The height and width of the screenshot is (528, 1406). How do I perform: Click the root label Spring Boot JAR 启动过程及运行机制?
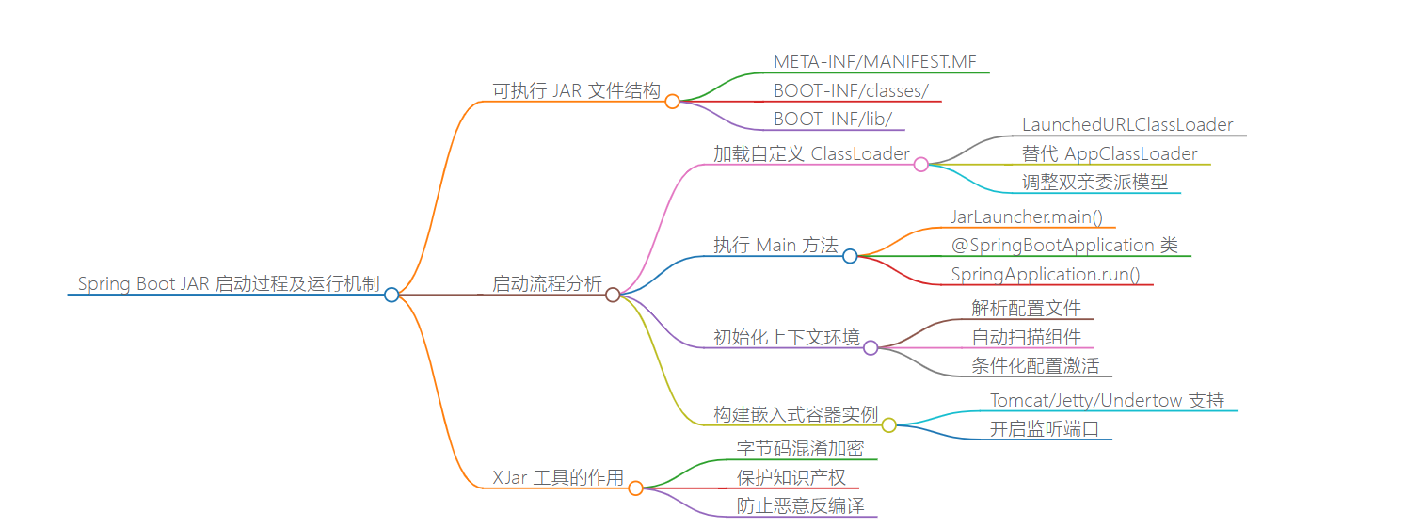pyautogui.click(x=228, y=283)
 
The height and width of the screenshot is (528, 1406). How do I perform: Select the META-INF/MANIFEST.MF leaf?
pyautogui.click(x=875, y=62)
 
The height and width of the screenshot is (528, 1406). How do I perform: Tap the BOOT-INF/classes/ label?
pyautogui.click(x=851, y=91)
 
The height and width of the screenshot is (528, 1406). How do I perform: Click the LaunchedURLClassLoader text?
pyautogui.click(x=1127, y=125)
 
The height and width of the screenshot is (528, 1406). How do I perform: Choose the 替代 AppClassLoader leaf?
pyautogui.click(x=1110, y=154)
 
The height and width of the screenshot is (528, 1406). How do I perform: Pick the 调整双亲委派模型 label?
pyautogui.click(x=1094, y=183)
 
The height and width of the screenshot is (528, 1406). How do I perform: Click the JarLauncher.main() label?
pyautogui.click(x=1027, y=217)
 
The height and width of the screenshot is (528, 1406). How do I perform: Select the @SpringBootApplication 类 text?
pyautogui.click(x=1063, y=246)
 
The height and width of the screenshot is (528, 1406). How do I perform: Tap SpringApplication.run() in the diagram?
pyautogui.click(x=1045, y=275)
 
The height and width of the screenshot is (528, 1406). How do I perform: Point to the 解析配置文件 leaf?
pyautogui.click(x=1027, y=309)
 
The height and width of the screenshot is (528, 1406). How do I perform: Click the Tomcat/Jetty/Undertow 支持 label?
pyautogui.click(x=1107, y=401)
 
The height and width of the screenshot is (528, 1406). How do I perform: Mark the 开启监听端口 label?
pyautogui.click(x=1044, y=429)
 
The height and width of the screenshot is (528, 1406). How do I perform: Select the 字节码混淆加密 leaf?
pyautogui.click(x=800, y=449)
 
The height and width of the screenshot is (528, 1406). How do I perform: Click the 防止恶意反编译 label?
pyautogui.click(x=800, y=506)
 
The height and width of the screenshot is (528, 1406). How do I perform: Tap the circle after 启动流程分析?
pyautogui.click(x=613, y=295)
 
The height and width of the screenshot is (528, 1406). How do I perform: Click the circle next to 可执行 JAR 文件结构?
pyautogui.click(x=672, y=102)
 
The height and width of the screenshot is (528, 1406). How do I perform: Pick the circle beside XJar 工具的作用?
pyautogui.click(x=635, y=488)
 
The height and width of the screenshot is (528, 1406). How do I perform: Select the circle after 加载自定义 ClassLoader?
pyautogui.click(x=921, y=165)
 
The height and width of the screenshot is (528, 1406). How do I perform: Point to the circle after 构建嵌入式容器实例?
pyautogui.click(x=888, y=425)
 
